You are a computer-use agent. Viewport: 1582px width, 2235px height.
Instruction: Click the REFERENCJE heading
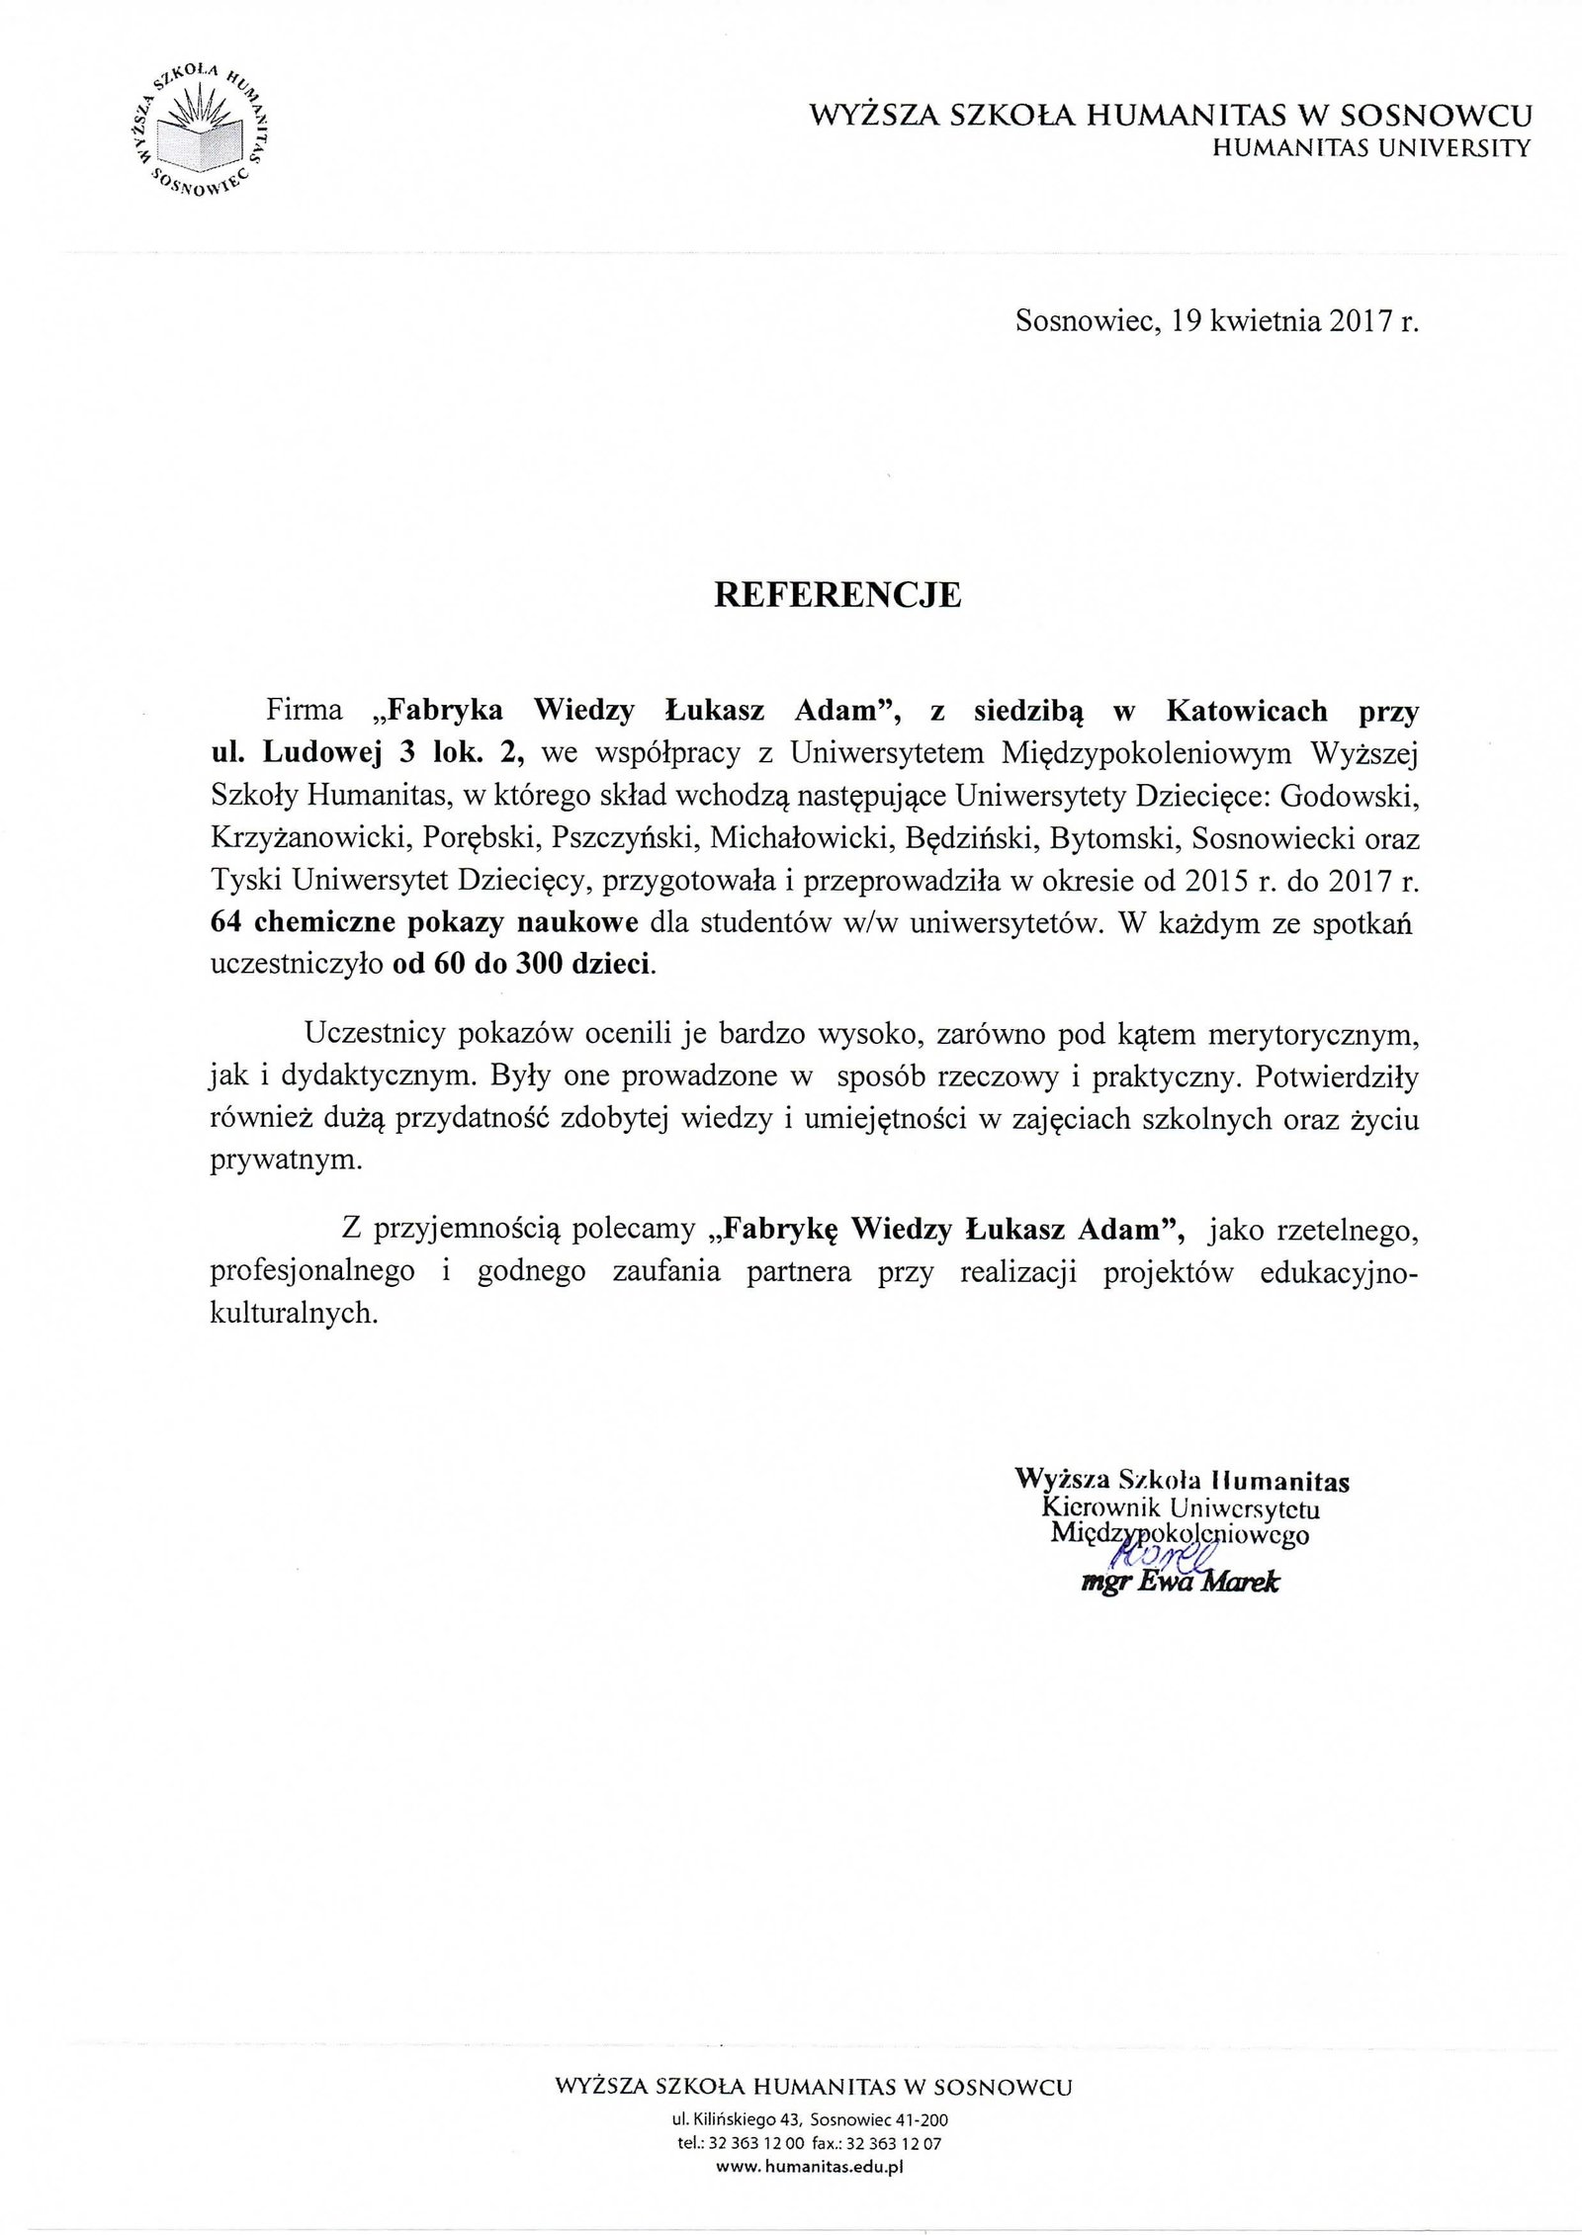tap(837, 596)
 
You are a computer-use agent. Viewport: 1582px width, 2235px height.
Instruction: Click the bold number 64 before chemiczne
tap(229, 924)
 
